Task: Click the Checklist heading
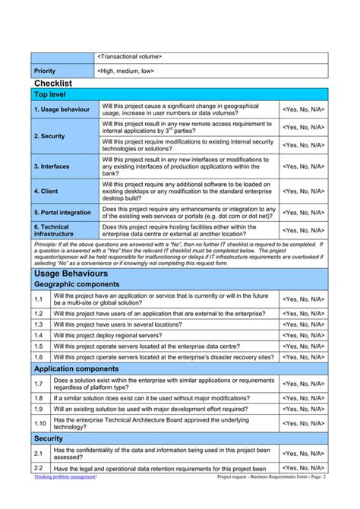point(53,82)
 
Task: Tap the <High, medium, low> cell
point(126,71)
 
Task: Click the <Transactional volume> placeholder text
point(130,56)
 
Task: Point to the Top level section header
point(50,94)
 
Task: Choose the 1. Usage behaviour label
point(62,109)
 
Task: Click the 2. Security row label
point(49,136)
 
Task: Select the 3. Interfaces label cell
point(52,166)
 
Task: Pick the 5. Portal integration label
point(62,213)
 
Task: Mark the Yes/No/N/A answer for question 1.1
point(304,299)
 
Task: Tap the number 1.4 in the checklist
point(39,334)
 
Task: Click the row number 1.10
point(40,423)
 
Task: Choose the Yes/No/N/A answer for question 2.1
point(304,454)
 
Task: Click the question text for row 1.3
point(122,324)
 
